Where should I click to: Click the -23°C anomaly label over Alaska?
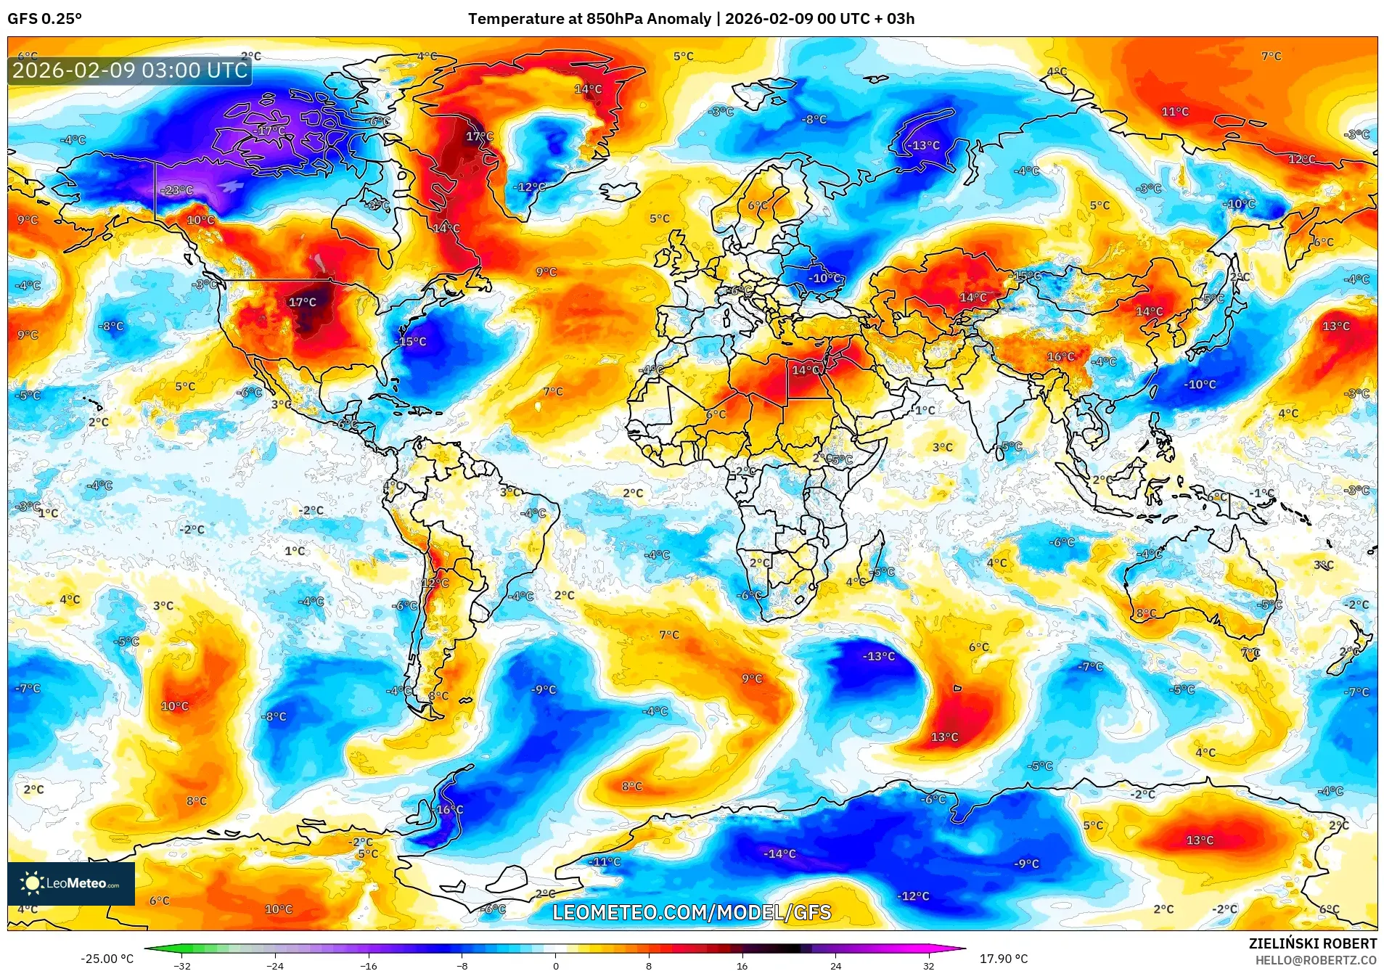(x=177, y=190)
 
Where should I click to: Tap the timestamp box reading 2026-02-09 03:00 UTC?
(x=130, y=70)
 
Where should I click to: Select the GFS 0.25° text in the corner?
(x=44, y=19)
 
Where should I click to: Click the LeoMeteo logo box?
(x=71, y=883)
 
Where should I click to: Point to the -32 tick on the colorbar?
(x=182, y=965)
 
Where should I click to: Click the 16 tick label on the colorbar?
(x=742, y=965)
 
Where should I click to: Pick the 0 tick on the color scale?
(x=556, y=965)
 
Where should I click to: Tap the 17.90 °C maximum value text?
(x=1004, y=959)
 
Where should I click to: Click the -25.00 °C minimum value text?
(x=107, y=959)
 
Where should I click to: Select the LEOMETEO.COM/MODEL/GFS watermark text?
(x=692, y=912)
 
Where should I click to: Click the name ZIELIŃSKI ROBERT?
(x=1312, y=943)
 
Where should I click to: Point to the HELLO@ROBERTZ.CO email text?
(x=1316, y=960)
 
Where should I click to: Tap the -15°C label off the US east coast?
(x=411, y=341)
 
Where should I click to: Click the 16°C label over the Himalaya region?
(x=1060, y=356)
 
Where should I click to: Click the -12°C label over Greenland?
(x=530, y=187)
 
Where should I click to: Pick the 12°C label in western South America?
(x=435, y=583)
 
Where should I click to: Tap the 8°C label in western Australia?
(x=1146, y=613)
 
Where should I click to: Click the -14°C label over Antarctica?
(x=779, y=853)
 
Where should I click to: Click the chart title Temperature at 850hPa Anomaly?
(x=589, y=19)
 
